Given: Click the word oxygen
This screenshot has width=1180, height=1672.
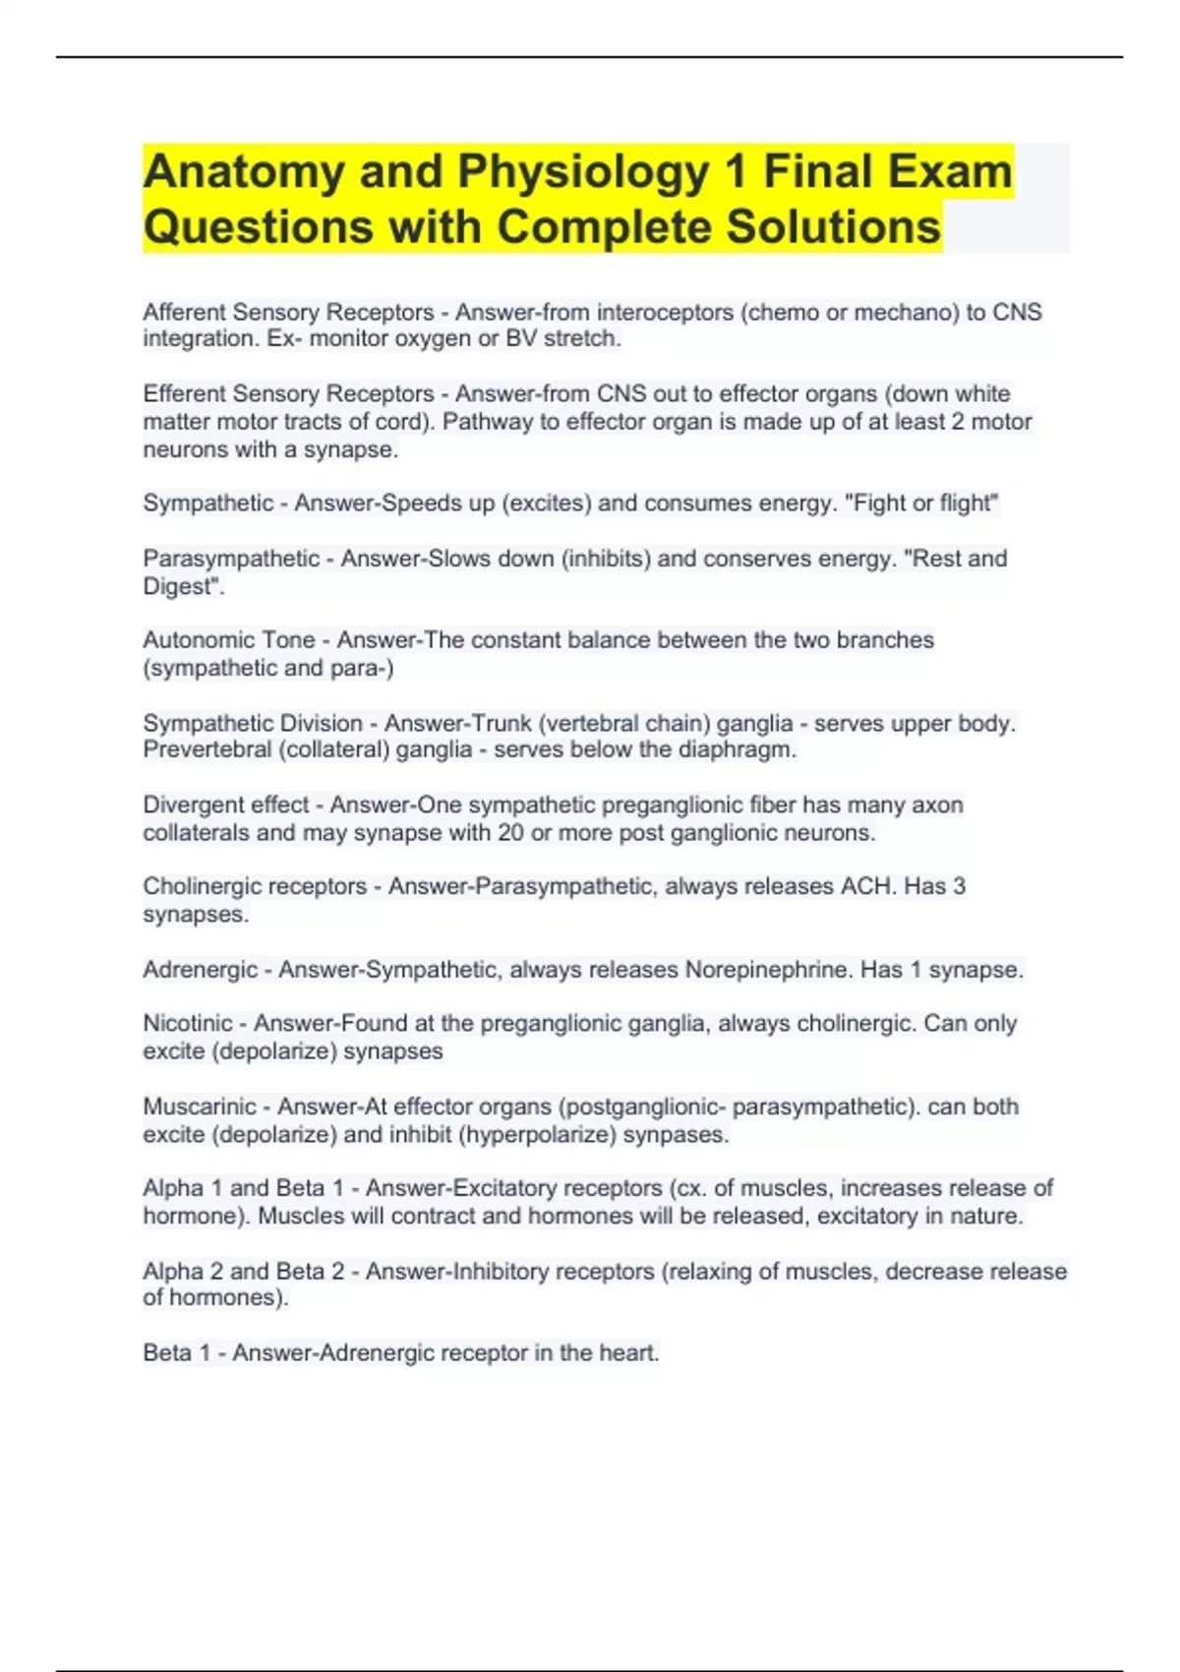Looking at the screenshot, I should (x=434, y=338).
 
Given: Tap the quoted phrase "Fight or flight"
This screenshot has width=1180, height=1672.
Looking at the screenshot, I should (x=921, y=503).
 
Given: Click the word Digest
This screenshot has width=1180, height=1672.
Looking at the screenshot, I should (x=179, y=586).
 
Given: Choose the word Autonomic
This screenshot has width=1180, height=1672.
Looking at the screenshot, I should (x=195, y=639).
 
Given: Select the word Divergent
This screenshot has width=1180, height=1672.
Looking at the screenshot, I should (x=189, y=805).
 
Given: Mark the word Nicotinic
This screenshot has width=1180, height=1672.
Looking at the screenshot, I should (x=188, y=1023).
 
